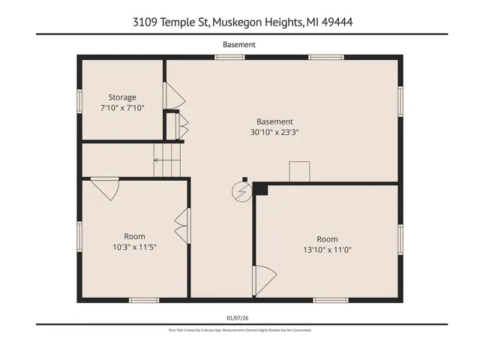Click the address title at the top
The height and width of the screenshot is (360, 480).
point(239,22)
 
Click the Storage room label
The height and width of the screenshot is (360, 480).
point(122,97)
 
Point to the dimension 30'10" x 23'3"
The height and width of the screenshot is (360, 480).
point(274,132)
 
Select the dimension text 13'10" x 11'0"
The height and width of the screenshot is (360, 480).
point(327,250)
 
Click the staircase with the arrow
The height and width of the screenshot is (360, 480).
point(168,160)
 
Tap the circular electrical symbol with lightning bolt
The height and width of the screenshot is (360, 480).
point(241,192)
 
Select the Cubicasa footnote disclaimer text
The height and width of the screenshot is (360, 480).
point(239,330)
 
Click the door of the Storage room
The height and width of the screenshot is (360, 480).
point(173,95)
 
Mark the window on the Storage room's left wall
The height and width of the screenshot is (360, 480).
point(79,101)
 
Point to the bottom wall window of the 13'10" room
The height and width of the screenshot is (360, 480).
point(330,300)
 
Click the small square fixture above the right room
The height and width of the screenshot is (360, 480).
point(300,171)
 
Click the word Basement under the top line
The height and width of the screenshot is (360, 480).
point(239,44)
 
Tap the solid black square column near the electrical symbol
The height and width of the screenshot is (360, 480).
point(260,189)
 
